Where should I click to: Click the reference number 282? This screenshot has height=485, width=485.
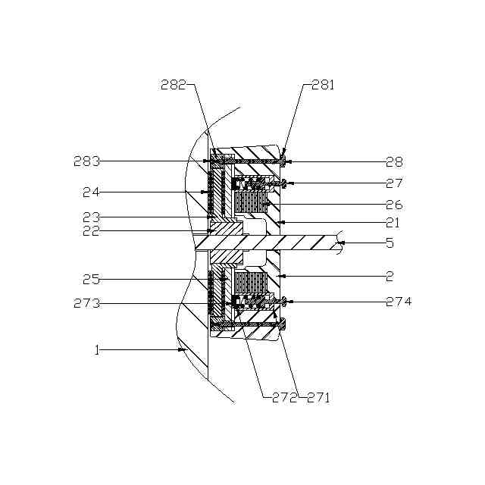pyautogui.click(x=174, y=85)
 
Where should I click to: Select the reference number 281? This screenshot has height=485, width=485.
pyautogui.click(x=323, y=85)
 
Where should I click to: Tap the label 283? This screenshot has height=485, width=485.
pyautogui.click(x=87, y=161)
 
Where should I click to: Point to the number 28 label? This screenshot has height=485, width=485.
pyautogui.click(x=394, y=161)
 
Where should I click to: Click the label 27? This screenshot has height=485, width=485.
pyautogui.click(x=394, y=183)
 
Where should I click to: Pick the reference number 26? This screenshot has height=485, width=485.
pyautogui.click(x=394, y=205)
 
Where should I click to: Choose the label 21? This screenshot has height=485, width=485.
pyautogui.click(x=393, y=223)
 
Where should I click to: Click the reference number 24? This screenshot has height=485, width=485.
pyautogui.click(x=91, y=192)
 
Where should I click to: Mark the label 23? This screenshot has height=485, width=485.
pyautogui.click(x=91, y=217)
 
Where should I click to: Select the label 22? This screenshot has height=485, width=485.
pyautogui.click(x=91, y=230)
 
